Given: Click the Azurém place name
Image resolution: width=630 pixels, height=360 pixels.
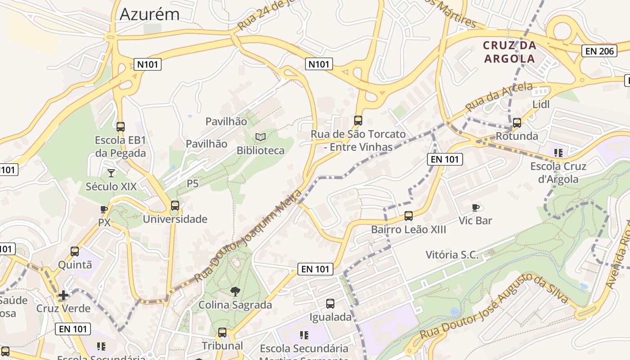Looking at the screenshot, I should pos(149,14).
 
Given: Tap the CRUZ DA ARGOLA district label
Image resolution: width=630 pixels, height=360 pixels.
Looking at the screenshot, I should pos(509,52).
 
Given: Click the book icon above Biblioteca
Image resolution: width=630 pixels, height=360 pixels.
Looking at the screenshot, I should pos(261,137).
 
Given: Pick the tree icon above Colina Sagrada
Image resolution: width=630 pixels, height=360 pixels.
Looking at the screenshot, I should pos(235,292).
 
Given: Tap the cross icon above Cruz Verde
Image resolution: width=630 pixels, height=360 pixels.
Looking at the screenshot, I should pos(63,295).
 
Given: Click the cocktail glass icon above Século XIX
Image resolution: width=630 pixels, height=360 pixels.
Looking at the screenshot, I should pos(111,173).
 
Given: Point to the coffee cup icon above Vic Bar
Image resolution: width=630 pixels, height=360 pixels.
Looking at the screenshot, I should pos(475,207).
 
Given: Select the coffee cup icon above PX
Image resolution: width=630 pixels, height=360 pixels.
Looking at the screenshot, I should pos(104,209).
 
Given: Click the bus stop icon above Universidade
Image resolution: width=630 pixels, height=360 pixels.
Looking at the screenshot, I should pos(175,206).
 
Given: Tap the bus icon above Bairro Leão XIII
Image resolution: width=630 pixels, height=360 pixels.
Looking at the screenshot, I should pos(408,216).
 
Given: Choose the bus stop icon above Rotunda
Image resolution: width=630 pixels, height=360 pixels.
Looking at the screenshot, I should pos(517,122).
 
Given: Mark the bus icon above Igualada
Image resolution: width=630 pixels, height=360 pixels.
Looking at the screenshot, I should pos(330,304).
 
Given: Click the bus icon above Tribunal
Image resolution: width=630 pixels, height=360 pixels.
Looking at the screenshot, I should pos(222,333).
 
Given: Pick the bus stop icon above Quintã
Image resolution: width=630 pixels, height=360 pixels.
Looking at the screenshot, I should pos(75,252).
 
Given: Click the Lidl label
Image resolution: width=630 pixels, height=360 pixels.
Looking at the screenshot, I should pos(541,104).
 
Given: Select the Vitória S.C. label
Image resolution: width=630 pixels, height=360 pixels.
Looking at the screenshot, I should pos(452,255).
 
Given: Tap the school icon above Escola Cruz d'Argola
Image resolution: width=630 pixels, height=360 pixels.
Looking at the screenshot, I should pos(558,153).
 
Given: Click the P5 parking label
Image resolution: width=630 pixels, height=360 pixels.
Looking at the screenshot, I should pos(193,184).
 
